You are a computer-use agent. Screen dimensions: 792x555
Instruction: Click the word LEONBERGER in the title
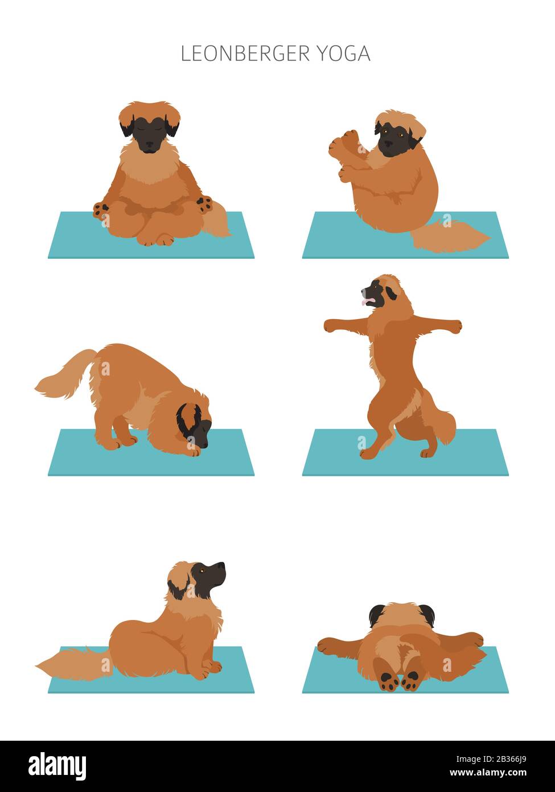coord(245,54)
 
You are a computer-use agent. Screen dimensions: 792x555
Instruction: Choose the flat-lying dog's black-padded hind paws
coord(400,680)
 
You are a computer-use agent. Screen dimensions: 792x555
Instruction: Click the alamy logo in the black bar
coord(57,766)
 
